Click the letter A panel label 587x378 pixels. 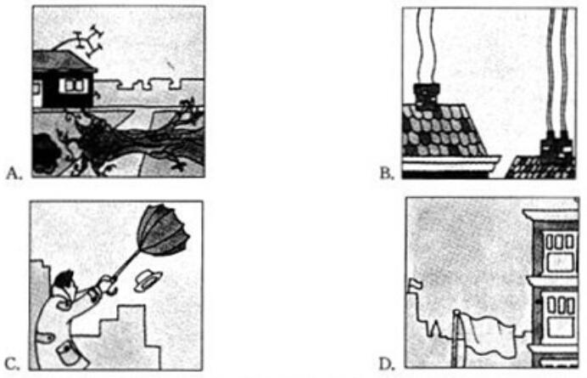pyautogui.click(x=14, y=173)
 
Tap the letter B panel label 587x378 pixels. pyautogui.click(x=387, y=173)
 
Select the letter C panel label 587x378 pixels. pyautogui.click(x=13, y=364)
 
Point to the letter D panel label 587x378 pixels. pyautogui.click(x=387, y=364)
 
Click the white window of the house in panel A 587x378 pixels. pyautogui.click(x=74, y=86)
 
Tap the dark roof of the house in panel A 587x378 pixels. pyautogui.click(x=64, y=61)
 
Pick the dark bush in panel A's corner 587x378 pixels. pyautogui.click(x=47, y=153)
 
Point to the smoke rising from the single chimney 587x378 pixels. pyautogui.click(x=426, y=46)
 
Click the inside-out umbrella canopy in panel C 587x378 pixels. pyautogui.click(x=163, y=229)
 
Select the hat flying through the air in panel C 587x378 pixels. pyautogui.click(x=148, y=282)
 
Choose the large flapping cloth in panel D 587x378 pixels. pyautogui.click(x=489, y=335)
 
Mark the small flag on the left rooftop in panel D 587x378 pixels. pyautogui.click(x=416, y=285)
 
